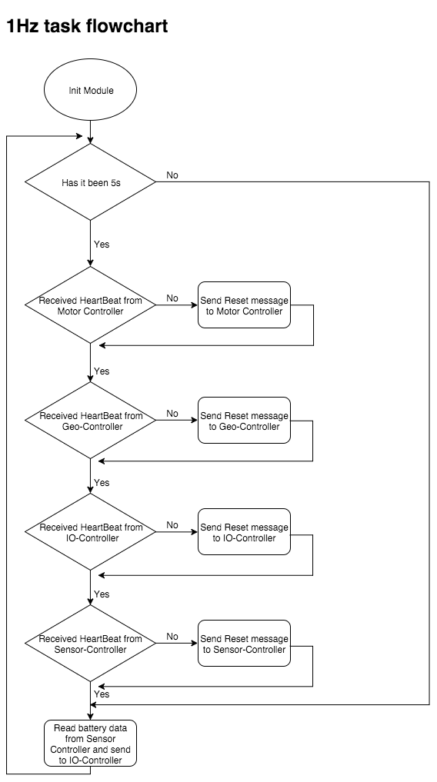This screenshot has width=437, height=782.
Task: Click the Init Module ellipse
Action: (90, 90)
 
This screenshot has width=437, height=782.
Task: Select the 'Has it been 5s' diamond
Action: (90, 182)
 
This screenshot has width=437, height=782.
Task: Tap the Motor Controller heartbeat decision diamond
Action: (90, 305)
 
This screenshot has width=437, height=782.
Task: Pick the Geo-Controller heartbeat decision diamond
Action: (90, 421)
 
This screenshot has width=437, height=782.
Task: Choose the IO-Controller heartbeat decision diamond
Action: (90, 532)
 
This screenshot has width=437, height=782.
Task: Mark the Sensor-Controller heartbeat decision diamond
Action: (90, 644)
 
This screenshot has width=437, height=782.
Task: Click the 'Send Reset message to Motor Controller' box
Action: (244, 305)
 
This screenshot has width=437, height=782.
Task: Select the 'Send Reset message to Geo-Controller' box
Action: (244, 421)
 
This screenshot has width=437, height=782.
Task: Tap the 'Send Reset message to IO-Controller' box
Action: (244, 532)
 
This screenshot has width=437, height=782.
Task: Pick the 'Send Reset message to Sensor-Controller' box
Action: (244, 644)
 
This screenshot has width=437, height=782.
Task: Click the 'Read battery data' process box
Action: (90, 743)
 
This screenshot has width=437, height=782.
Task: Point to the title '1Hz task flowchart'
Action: (87, 26)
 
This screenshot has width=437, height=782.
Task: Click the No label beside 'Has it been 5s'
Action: (172, 175)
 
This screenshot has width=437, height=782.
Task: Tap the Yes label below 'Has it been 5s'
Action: (102, 245)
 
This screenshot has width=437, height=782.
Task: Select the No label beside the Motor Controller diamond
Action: (172, 298)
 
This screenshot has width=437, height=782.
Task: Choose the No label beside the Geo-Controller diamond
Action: (172, 414)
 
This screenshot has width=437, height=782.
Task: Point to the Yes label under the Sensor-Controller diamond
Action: (102, 694)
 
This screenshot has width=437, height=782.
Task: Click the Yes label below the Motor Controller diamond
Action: (102, 371)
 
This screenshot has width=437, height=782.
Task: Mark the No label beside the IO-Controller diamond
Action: (172, 525)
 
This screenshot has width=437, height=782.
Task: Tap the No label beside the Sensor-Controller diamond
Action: (172, 637)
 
